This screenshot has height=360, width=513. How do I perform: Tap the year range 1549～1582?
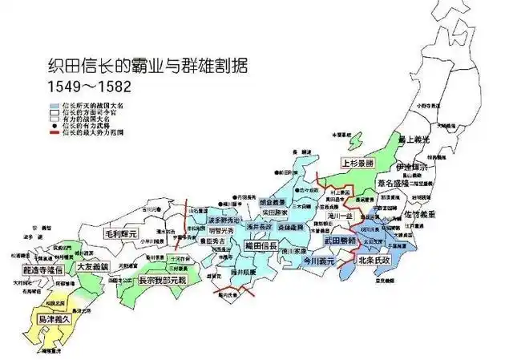pyautogui.click(x=89, y=83)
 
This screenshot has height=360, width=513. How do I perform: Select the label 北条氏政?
pyautogui.click(x=374, y=261)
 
